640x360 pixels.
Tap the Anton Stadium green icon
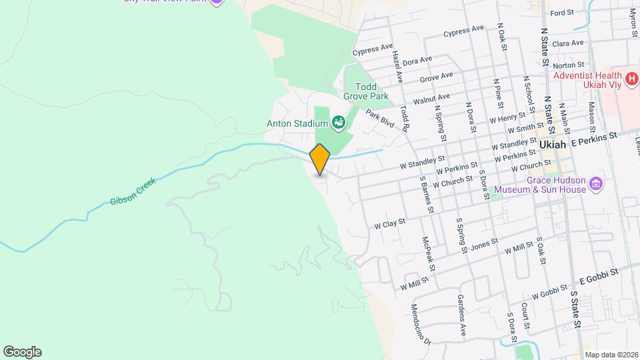tap(339, 123)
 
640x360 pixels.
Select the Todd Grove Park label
tap(365, 91)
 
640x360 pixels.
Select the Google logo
tap(22, 351)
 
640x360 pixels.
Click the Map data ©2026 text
tap(611, 355)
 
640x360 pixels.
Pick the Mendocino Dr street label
tap(421, 323)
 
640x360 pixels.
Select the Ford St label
tap(562, 13)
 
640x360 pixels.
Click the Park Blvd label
tap(381, 120)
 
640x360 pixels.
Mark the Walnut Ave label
tap(431, 99)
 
